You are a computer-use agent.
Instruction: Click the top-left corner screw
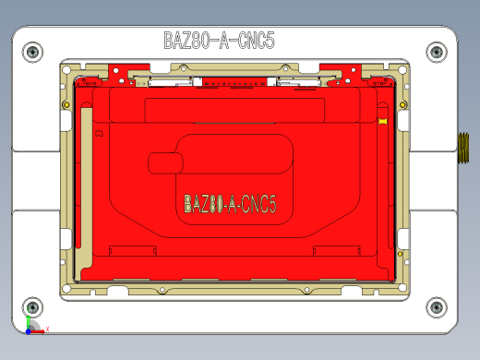point(32,52)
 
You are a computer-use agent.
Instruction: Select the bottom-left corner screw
point(32,307)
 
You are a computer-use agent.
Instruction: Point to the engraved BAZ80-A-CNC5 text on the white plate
point(219,41)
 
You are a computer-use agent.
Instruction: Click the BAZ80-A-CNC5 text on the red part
point(230,203)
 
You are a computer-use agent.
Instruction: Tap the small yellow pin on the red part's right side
point(382,121)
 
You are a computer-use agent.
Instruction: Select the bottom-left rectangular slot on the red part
point(132,249)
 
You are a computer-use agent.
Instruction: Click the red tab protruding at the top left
point(120,71)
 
